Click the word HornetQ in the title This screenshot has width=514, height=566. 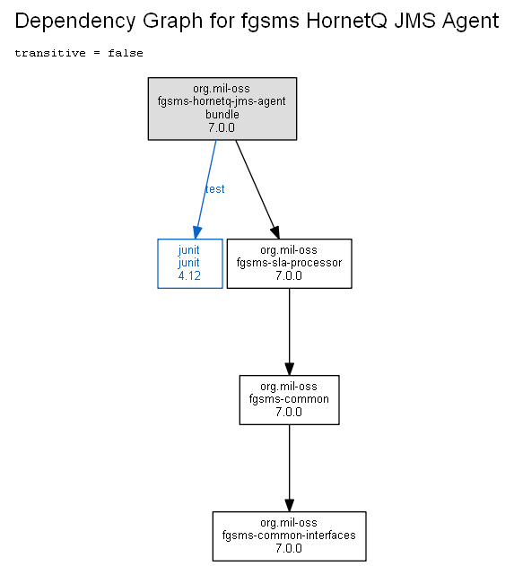tap(346, 21)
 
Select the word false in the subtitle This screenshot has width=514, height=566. tap(126, 53)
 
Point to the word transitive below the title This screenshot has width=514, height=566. tap(50, 53)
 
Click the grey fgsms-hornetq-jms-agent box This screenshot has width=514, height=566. tap(222, 109)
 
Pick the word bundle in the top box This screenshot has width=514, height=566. tap(222, 115)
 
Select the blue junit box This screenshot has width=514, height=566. tap(190, 264)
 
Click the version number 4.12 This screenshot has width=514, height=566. tap(189, 275)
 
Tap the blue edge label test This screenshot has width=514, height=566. tap(214, 188)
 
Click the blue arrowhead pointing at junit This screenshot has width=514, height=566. tap(197, 232)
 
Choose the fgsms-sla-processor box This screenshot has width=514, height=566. tap(289, 264)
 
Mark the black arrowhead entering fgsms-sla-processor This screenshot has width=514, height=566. tap(275, 232)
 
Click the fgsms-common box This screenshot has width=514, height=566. tap(289, 400)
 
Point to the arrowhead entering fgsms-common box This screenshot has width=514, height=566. tap(289, 369)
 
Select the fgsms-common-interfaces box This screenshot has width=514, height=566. tap(289, 536)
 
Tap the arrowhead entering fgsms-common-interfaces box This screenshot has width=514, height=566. tap(289, 505)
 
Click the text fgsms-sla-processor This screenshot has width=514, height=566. tap(289, 263)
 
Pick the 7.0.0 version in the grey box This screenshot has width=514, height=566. tap(222, 127)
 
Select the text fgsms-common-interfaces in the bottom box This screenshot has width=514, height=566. tap(289, 535)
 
